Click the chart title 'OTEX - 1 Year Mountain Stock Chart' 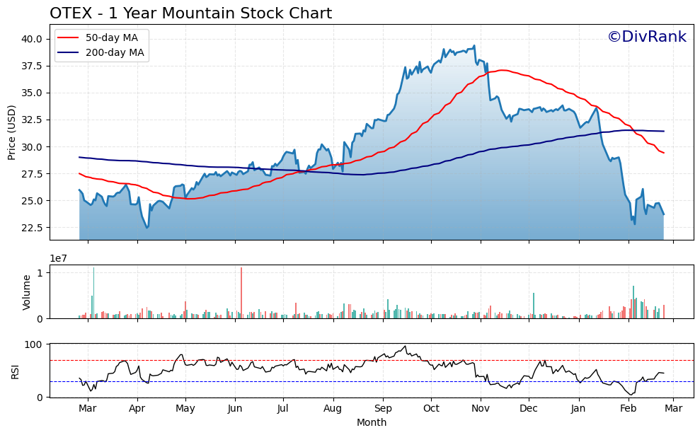(x=190, y=13)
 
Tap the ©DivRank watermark (x=646, y=37)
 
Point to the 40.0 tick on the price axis (x=32, y=39)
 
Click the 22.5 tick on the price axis (x=32, y=228)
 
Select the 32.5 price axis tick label (x=32, y=120)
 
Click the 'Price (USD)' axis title (x=12, y=132)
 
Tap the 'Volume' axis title (x=27, y=292)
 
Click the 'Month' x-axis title (x=372, y=422)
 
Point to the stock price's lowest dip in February (x=634, y=224)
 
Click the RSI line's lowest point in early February (x=632, y=395)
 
